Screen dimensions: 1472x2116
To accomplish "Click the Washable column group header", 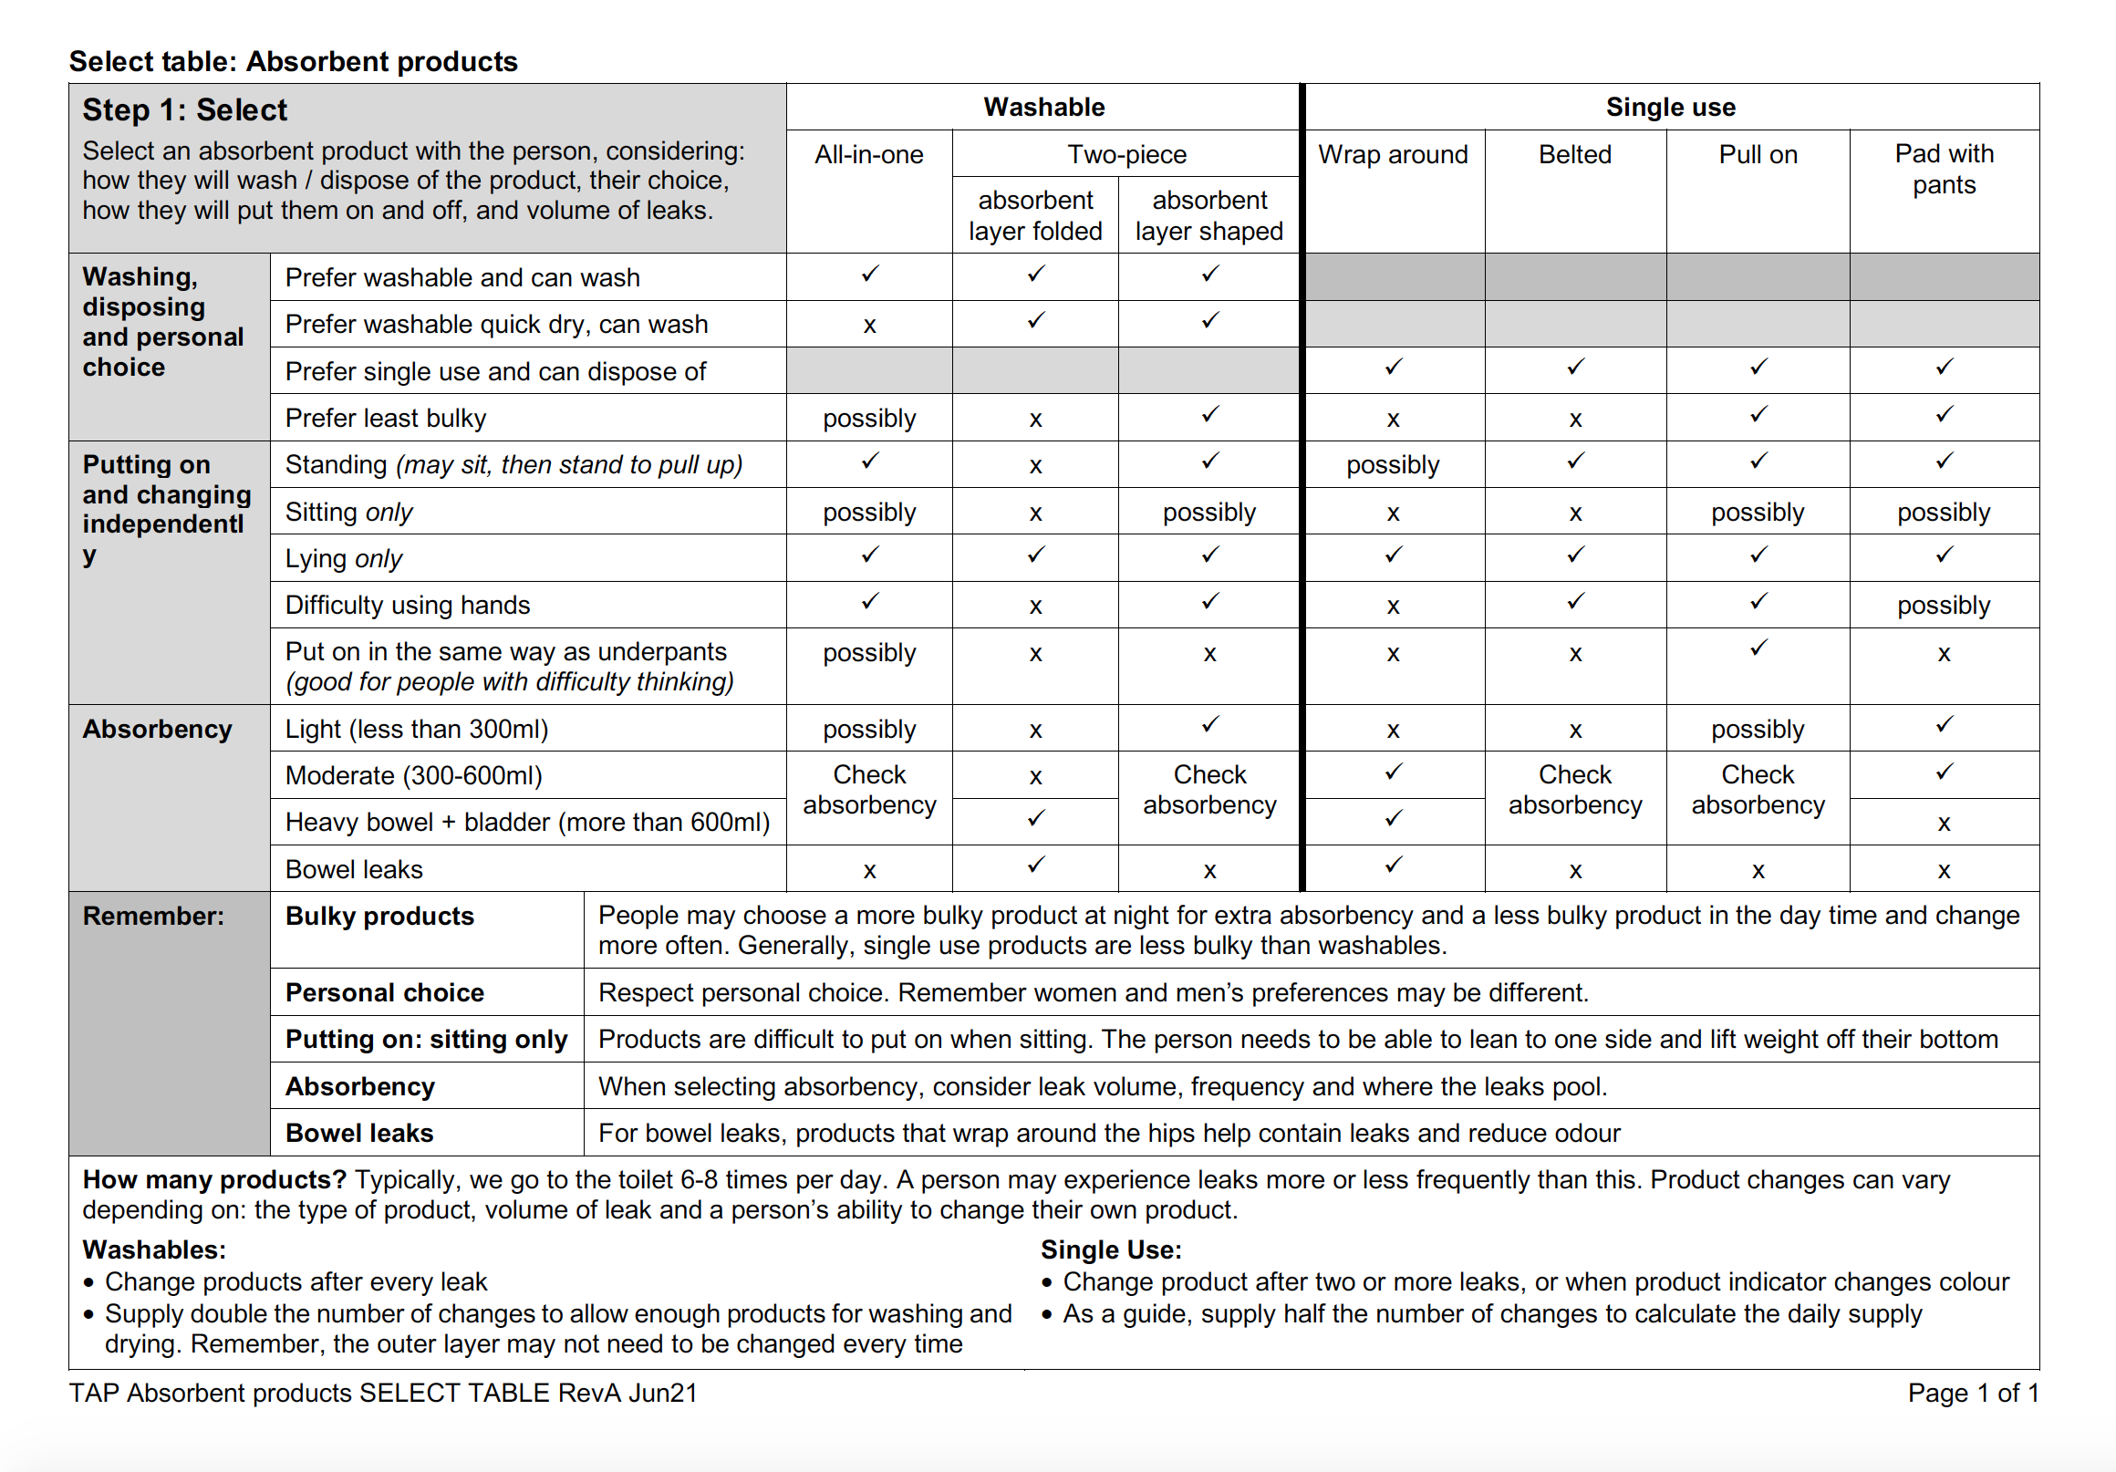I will point(1043,107).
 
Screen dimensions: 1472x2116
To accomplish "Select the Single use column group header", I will point(1670,107).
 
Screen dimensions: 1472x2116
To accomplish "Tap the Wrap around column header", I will point(1393,154).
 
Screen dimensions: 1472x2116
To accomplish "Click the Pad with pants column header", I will point(1944,169).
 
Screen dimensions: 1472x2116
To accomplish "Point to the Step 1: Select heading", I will point(184,109).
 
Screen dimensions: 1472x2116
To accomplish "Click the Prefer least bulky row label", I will point(385,418).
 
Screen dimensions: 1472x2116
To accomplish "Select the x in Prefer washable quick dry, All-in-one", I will point(869,326).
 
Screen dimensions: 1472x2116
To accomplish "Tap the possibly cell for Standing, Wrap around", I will point(1393,464).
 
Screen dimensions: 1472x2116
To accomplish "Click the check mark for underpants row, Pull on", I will point(1758,648).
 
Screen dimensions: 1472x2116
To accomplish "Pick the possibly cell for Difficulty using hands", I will point(1944,606).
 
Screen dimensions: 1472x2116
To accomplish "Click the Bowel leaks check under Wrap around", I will point(1393,866).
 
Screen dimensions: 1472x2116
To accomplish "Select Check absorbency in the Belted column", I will point(1574,790).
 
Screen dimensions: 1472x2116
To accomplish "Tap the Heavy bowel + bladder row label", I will point(527,822).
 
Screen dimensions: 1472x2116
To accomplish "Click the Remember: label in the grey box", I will point(153,917).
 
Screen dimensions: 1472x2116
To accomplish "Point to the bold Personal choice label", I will point(384,992).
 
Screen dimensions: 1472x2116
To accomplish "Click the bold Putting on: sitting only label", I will point(426,1040).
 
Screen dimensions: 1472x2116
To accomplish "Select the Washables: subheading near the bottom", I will point(154,1249).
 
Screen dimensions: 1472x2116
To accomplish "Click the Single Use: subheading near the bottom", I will point(1111,1249).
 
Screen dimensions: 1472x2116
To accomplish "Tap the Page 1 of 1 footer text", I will point(1972,1393).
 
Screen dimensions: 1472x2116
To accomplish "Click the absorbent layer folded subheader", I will point(1035,215).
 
